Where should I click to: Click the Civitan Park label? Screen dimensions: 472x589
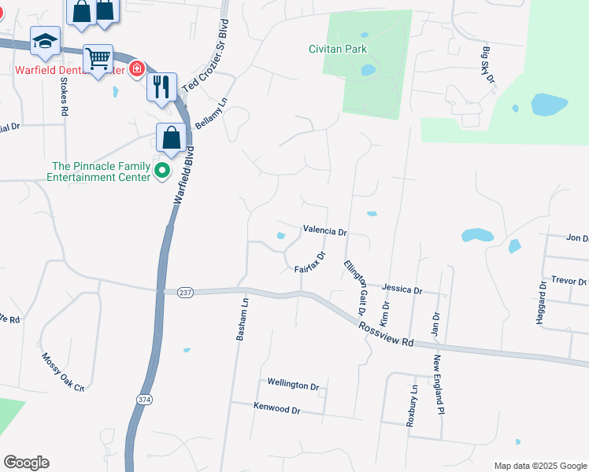pos(338,49)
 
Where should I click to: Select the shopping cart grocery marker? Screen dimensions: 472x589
pos(98,57)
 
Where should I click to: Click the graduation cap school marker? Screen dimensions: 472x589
pos(45,40)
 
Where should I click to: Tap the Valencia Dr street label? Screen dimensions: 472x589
pos(324,231)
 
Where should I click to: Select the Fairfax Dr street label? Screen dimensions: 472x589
pos(310,263)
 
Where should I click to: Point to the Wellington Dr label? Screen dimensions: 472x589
pos(293,385)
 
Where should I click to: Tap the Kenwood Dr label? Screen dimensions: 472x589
pos(277,409)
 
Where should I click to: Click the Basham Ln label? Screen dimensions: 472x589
pos(243,318)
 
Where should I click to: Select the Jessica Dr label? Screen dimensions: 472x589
pos(402,289)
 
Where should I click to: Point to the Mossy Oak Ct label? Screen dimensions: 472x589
pos(63,372)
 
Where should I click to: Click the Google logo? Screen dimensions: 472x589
pos(26,463)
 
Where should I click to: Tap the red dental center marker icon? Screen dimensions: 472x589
pos(137,69)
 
